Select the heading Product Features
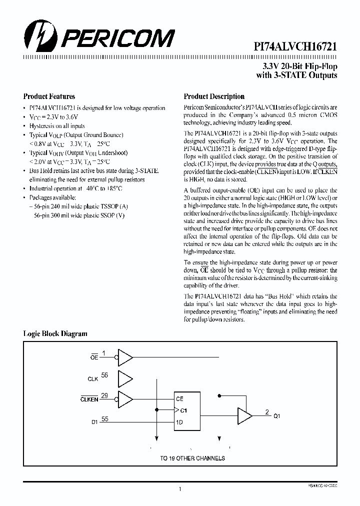click(49, 96)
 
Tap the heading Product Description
click(214, 96)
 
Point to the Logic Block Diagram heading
click(55, 333)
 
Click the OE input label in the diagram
click(93, 358)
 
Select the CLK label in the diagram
click(92, 379)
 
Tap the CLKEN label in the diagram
click(89, 399)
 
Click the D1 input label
click(94, 422)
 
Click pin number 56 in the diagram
click(104, 374)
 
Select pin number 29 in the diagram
click(104, 395)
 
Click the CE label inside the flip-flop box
click(179, 399)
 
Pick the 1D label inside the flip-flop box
click(179, 422)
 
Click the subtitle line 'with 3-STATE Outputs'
click(296, 75)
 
